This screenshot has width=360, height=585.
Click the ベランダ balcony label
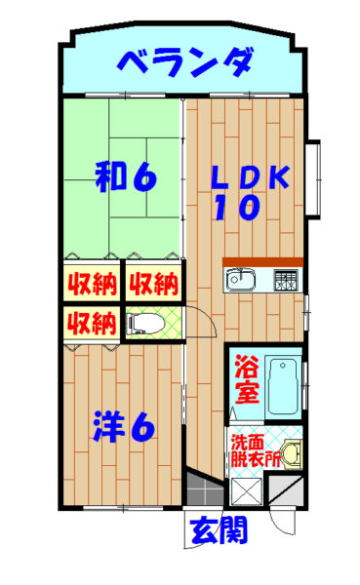[x=185, y=62]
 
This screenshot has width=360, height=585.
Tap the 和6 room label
[x=126, y=176]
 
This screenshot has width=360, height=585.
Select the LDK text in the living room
[x=250, y=176]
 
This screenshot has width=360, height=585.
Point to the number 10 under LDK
[x=237, y=208]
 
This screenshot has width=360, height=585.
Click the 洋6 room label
[x=124, y=426]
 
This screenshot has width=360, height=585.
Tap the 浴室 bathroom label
[x=247, y=379]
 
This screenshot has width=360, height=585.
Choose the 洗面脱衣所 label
[x=256, y=450]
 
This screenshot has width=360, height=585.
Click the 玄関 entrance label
[x=219, y=529]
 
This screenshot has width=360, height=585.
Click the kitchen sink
[x=240, y=279]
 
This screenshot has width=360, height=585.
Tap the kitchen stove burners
[x=286, y=281]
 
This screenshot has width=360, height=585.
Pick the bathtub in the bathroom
[x=283, y=386]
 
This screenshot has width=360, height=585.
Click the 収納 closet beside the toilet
[x=92, y=323]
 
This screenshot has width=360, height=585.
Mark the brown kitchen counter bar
[x=262, y=262]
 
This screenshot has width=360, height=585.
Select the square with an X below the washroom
[x=247, y=491]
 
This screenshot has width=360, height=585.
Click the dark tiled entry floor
[x=205, y=489]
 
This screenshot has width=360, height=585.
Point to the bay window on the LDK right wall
[x=313, y=179]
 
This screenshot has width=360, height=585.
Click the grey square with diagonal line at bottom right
[x=286, y=490]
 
